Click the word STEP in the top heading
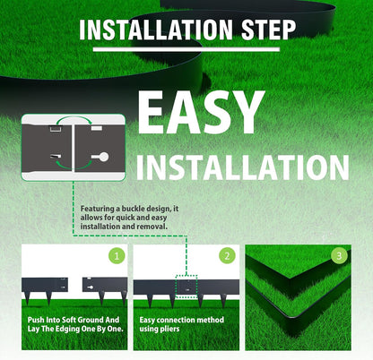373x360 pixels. coord(268,30)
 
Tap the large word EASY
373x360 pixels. coord(201,112)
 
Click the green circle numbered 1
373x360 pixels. coord(117,256)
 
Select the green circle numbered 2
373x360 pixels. coord(227,256)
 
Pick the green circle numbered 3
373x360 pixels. coord(339,256)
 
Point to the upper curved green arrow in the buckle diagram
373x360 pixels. coord(74,118)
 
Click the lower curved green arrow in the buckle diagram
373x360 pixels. coord(74,166)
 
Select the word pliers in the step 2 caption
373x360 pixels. coord(169,329)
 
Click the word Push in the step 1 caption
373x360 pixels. coord(36,320)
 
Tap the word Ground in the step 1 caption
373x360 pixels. coord(90,320)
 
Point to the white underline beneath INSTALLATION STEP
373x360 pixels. coord(186,49)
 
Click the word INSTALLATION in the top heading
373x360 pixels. coord(156,30)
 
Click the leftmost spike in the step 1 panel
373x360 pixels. coord(28,298)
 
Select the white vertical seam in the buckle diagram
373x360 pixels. coord(73,148)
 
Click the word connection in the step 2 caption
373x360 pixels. coord(182,320)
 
